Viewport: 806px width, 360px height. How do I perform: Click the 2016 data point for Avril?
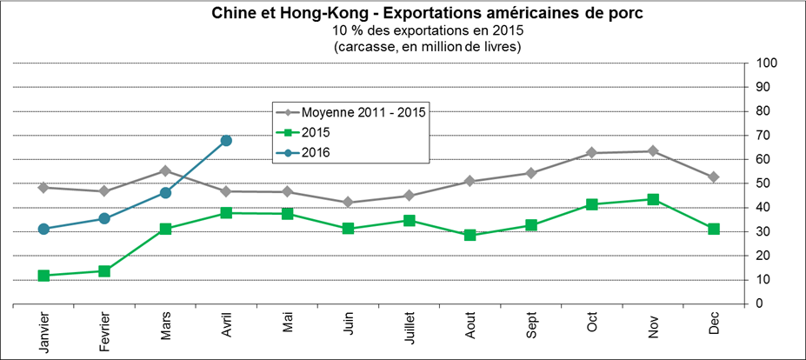[x=226, y=140]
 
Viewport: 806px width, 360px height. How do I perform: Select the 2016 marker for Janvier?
[x=43, y=229]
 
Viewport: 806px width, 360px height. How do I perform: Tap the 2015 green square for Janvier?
[x=43, y=276]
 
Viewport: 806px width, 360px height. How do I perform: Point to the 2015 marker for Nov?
[x=653, y=199]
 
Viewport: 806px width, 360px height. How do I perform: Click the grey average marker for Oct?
[x=592, y=153]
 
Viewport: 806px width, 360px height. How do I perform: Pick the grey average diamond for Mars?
[x=165, y=170]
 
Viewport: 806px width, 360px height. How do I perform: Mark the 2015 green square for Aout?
[x=470, y=235]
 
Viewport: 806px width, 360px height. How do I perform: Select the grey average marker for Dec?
[x=714, y=177]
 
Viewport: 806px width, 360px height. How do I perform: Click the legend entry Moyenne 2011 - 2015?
[x=366, y=112]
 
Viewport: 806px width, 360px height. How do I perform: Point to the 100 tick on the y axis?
[x=766, y=63]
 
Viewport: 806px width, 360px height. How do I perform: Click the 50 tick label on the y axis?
[x=763, y=183]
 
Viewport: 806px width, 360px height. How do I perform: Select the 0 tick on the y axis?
[x=759, y=303]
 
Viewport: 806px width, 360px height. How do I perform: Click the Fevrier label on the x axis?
[x=104, y=332]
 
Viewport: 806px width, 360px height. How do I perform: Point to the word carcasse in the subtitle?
[x=363, y=46]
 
